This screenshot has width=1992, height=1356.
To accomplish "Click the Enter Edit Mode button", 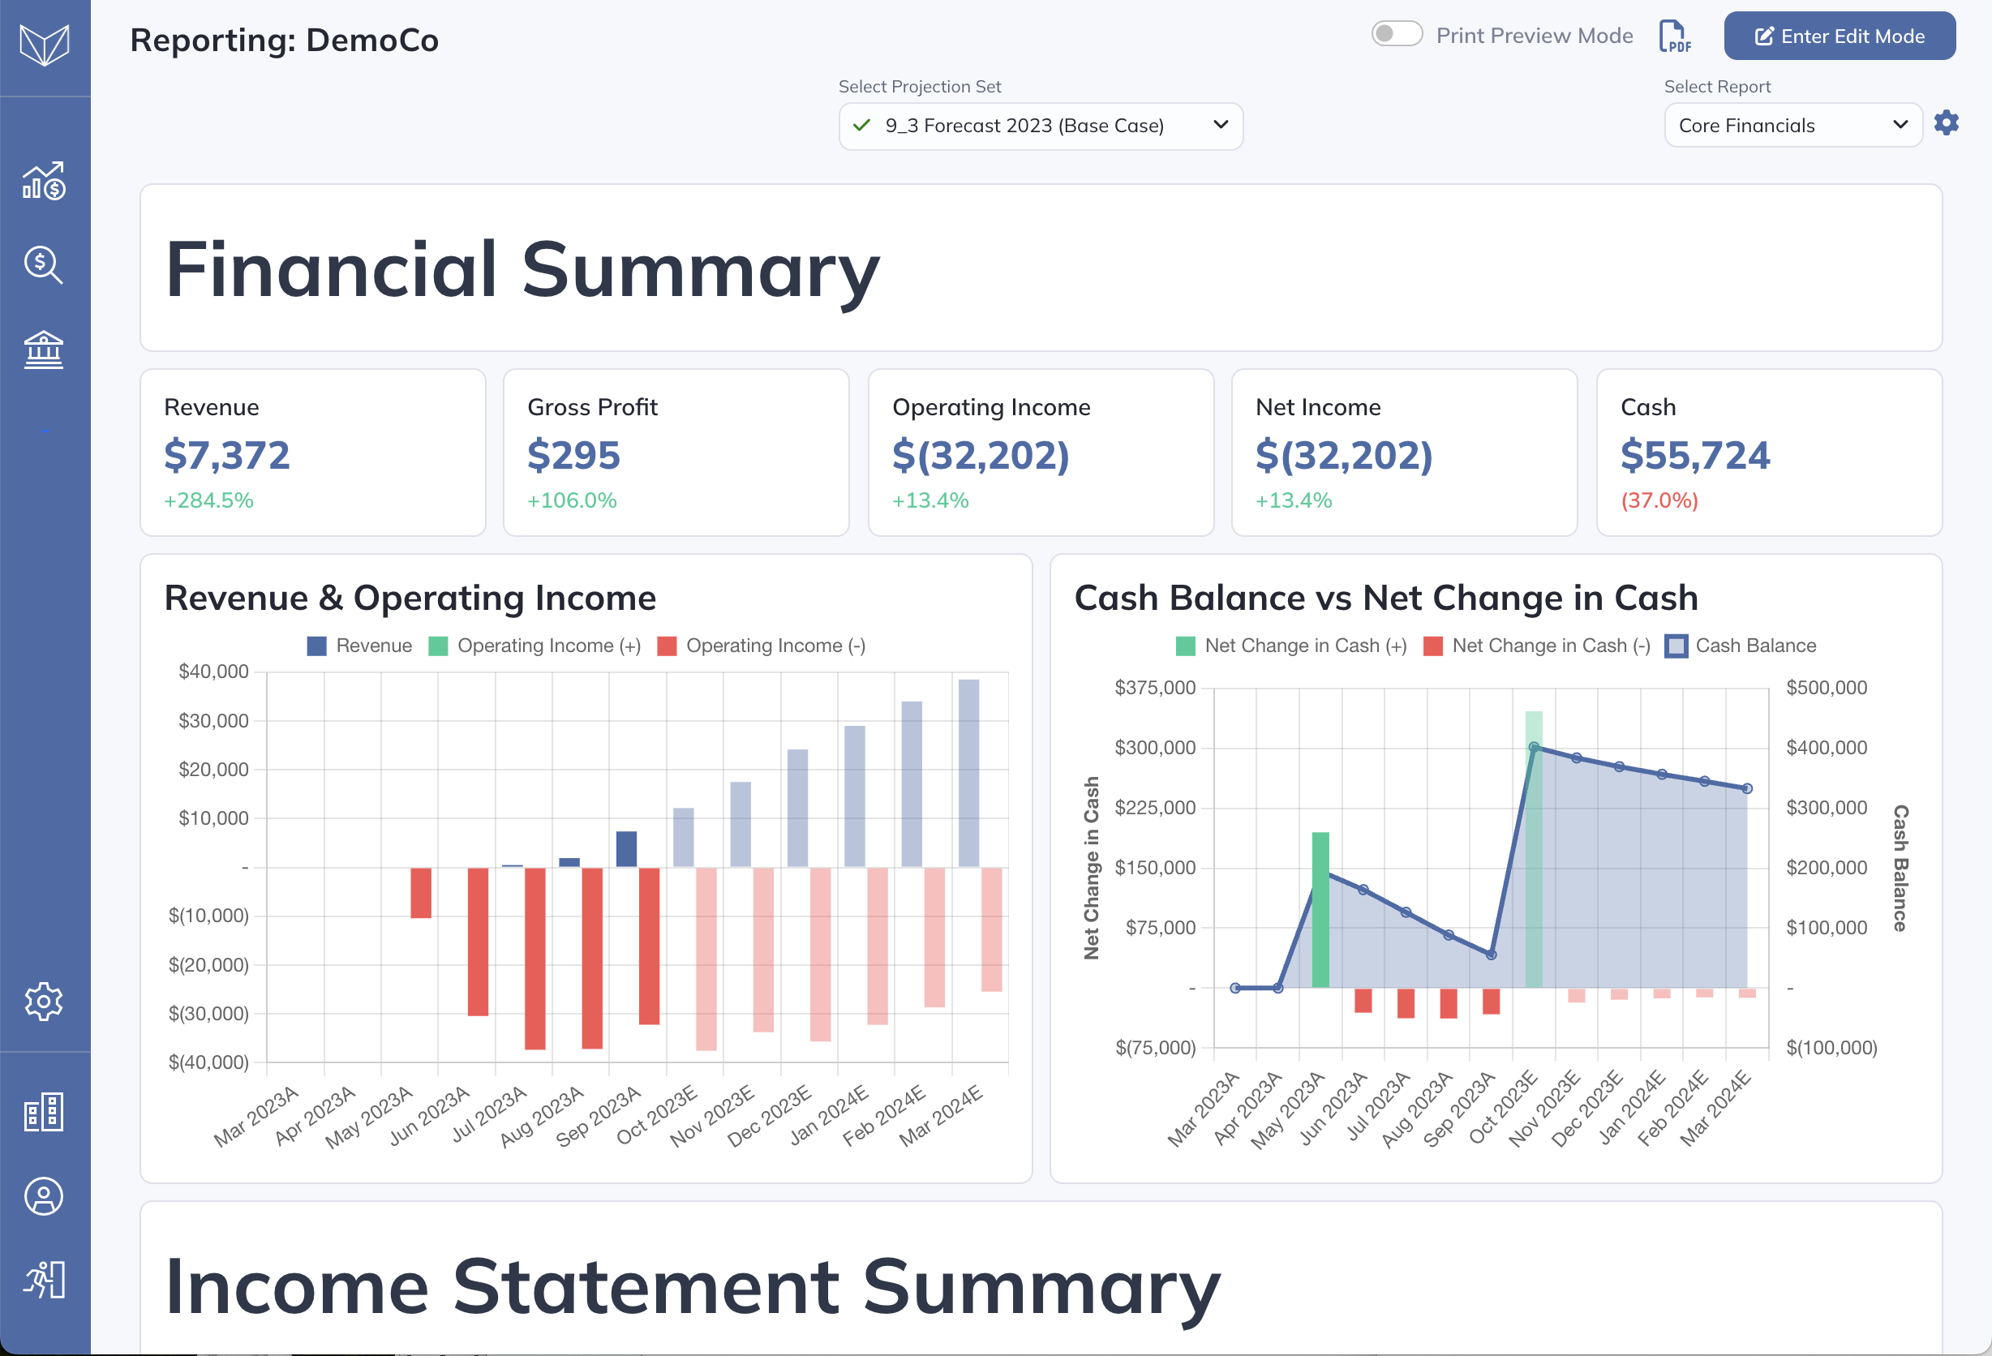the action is tap(1840, 36).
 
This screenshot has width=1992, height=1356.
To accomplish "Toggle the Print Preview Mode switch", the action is tap(1397, 34).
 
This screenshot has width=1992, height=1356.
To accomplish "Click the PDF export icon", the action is tap(1675, 36).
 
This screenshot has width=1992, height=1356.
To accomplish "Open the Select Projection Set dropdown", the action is tap(1041, 126).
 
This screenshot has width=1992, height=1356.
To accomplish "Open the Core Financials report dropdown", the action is tap(1793, 126).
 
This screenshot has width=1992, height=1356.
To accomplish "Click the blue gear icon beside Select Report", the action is tap(1947, 123).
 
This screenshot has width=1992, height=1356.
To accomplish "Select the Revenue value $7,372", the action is tap(227, 455).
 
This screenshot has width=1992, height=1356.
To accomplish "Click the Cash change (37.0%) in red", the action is tap(1659, 500).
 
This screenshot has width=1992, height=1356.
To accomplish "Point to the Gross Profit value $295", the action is tap(573, 455).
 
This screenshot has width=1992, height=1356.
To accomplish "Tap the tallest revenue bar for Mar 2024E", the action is tap(968, 773).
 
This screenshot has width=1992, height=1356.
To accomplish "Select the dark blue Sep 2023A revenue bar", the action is tap(627, 849).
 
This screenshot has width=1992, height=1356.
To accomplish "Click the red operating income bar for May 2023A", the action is tap(421, 893).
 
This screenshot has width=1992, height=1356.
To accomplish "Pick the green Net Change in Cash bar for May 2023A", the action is tap(1321, 909).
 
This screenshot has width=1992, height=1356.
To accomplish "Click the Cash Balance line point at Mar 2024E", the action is tap(1747, 788).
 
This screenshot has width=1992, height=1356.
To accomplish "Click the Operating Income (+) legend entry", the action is tap(534, 646).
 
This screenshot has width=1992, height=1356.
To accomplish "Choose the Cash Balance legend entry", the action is tap(1740, 646).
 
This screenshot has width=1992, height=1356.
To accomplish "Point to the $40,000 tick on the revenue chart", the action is tap(213, 672).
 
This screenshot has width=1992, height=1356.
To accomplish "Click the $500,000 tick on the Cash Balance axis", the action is tap(1827, 688).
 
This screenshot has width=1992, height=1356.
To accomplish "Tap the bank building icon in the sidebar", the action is tap(44, 350).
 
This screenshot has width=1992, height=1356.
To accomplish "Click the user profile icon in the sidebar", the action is tap(44, 1196).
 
